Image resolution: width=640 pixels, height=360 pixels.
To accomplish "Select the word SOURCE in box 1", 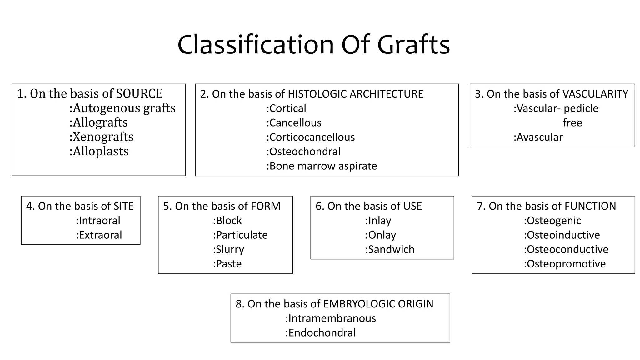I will [x=139, y=93].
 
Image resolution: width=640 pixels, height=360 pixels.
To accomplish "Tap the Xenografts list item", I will [x=102, y=137].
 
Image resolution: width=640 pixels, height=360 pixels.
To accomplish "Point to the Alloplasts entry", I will [x=99, y=151].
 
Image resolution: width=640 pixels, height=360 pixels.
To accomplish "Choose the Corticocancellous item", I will [x=311, y=137].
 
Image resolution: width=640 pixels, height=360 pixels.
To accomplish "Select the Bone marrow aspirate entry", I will [x=322, y=166].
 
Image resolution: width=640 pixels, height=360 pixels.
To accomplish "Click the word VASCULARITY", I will [x=595, y=94].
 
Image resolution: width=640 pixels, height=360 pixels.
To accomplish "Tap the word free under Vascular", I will [x=572, y=123].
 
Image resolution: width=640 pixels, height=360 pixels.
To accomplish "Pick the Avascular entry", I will [x=538, y=137].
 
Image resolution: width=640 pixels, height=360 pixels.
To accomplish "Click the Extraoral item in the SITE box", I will [x=99, y=235].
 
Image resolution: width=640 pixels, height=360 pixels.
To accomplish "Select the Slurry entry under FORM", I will [x=228, y=249].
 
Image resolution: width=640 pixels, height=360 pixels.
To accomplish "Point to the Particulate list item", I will [x=240, y=235].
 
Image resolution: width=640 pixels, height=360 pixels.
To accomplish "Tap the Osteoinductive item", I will [x=562, y=235].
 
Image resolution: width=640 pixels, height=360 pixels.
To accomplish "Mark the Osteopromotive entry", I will [x=565, y=264].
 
